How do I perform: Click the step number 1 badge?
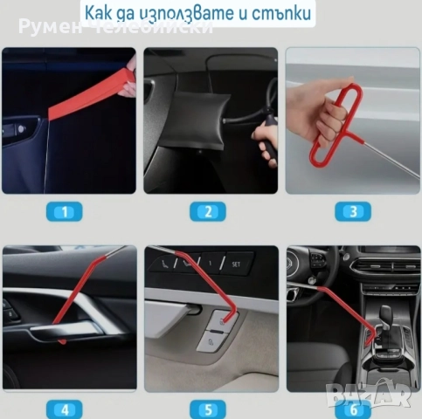[67, 211]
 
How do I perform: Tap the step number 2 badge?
[209, 211]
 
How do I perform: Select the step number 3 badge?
[353, 211]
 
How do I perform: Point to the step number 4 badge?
[67, 409]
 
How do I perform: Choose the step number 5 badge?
[209, 409]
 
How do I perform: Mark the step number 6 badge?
[353, 409]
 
